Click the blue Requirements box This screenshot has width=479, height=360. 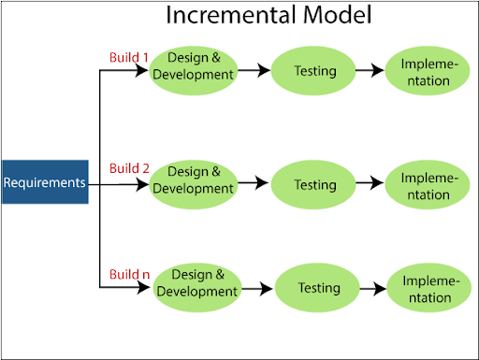[45, 182]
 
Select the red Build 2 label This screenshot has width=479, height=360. [129, 168]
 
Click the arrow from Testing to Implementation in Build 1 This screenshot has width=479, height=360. [371, 71]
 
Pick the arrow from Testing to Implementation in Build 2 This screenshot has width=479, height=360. [371, 185]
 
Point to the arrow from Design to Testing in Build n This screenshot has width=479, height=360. [256, 288]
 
